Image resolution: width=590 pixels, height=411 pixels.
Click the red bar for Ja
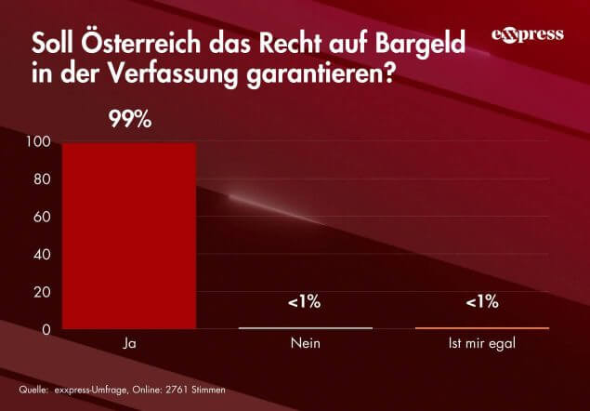click(129, 235)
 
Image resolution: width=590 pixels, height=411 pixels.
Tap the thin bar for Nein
click(305, 328)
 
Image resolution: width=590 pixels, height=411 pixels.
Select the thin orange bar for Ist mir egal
click(481, 328)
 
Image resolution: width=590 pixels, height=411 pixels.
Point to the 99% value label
click(129, 120)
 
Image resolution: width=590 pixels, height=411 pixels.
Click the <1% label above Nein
click(305, 301)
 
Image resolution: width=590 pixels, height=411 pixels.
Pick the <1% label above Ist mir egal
click(481, 301)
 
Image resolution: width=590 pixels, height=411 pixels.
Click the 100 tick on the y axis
click(39, 142)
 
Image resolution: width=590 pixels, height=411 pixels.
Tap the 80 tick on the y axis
click(43, 179)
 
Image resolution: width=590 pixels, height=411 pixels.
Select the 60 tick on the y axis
click(43, 218)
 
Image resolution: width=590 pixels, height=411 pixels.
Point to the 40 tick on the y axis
click(43, 255)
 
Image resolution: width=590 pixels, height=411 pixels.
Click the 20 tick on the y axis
click(43, 292)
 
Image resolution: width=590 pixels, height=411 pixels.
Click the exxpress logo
click(527, 35)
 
